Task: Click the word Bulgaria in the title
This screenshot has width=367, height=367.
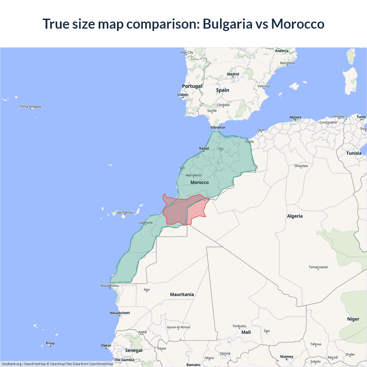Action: pyautogui.click(x=227, y=24)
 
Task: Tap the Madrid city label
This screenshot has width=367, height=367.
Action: pyautogui.click(x=233, y=74)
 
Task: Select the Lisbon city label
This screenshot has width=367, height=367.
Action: pyautogui.click(x=183, y=95)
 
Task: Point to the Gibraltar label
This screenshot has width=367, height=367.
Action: pyautogui.click(x=218, y=127)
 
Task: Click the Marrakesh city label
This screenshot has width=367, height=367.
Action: pyautogui.click(x=194, y=175)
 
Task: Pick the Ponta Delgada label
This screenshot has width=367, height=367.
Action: pyautogui.click(x=30, y=107)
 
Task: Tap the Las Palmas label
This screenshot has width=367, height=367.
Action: pyautogui.click(x=125, y=212)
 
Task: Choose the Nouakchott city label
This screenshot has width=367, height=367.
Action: pyautogui.click(x=120, y=313)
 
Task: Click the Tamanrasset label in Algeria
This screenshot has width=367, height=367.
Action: pyautogui.click(x=318, y=267)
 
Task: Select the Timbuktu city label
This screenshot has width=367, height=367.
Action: pyautogui.click(x=239, y=326)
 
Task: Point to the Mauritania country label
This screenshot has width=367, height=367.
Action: pyautogui.click(x=182, y=294)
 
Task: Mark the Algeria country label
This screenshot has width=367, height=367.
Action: pyautogui.click(x=295, y=216)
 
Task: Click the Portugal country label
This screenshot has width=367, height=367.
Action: pyautogui.click(x=192, y=86)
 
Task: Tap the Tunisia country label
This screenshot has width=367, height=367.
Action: pyautogui.click(x=354, y=153)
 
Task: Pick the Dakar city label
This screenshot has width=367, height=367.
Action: pyautogui.click(x=106, y=345)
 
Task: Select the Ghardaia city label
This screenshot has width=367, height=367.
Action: pyautogui.click(x=301, y=166)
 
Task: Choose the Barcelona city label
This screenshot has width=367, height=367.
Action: pyautogui.click(x=287, y=63)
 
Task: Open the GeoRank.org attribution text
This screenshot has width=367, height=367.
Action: pyautogui.click(x=11, y=364)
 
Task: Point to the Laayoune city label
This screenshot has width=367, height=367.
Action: pyautogui.click(x=145, y=222)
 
